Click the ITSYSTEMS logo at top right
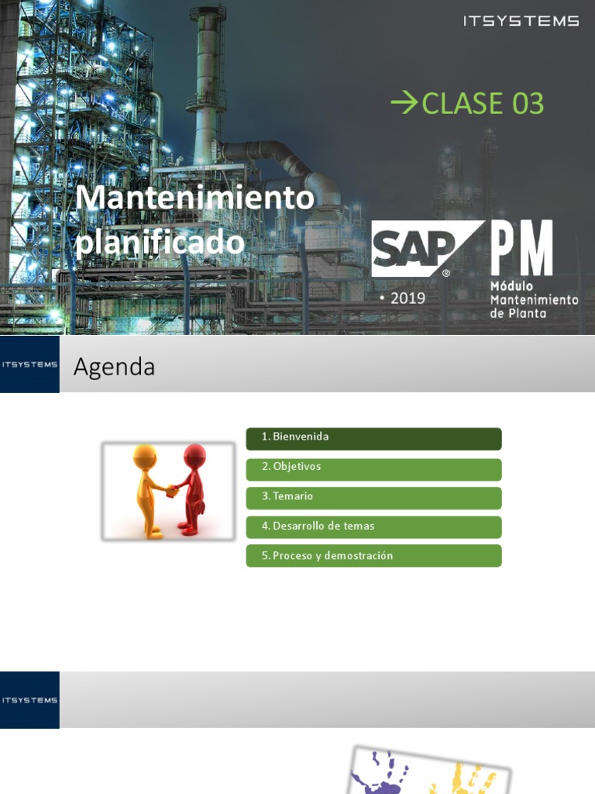[x=521, y=21]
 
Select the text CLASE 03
[x=483, y=103]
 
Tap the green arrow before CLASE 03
[x=404, y=102]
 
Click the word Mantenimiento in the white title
[x=194, y=198]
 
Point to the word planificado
[x=160, y=242]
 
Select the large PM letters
[x=522, y=248]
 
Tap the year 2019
[x=408, y=298]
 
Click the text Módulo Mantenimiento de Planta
[x=534, y=299]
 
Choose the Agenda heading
[x=114, y=367]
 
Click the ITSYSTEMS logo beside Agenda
[x=29, y=364]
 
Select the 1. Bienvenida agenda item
[x=373, y=438]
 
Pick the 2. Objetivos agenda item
[x=373, y=468]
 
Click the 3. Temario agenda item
[x=373, y=498]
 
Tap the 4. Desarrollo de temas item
[x=373, y=527]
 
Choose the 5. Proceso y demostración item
[x=373, y=556]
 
